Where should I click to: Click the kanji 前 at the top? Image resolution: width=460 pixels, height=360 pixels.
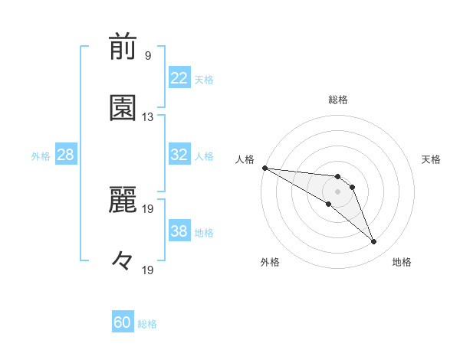(x=123, y=48)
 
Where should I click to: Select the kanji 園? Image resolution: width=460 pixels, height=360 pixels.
(x=123, y=109)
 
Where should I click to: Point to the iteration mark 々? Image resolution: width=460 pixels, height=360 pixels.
(x=123, y=261)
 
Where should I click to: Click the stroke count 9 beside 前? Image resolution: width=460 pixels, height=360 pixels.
(x=147, y=56)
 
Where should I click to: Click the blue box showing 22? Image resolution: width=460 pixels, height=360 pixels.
(x=179, y=78)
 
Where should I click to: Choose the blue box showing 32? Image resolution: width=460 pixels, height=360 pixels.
(x=179, y=155)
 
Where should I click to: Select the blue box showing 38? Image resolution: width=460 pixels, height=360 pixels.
(x=179, y=231)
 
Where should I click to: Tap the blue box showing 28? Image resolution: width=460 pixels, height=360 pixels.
(x=65, y=155)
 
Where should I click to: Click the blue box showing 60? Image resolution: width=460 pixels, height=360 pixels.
(x=123, y=322)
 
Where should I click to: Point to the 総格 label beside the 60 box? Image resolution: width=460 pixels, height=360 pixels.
(x=147, y=324)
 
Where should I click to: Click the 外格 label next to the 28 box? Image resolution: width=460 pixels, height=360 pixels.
(x=41, y=155)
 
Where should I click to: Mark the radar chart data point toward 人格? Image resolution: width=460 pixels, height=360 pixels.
(x=264, y=168)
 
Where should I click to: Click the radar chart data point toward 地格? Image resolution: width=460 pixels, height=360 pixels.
(x=374, y=242)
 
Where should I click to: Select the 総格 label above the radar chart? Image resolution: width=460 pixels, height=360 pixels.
(x=338, y=100)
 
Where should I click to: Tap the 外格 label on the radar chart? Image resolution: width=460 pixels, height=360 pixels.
(x=270, y=262)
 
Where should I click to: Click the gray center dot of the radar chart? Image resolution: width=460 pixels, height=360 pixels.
(x=337, y=191)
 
